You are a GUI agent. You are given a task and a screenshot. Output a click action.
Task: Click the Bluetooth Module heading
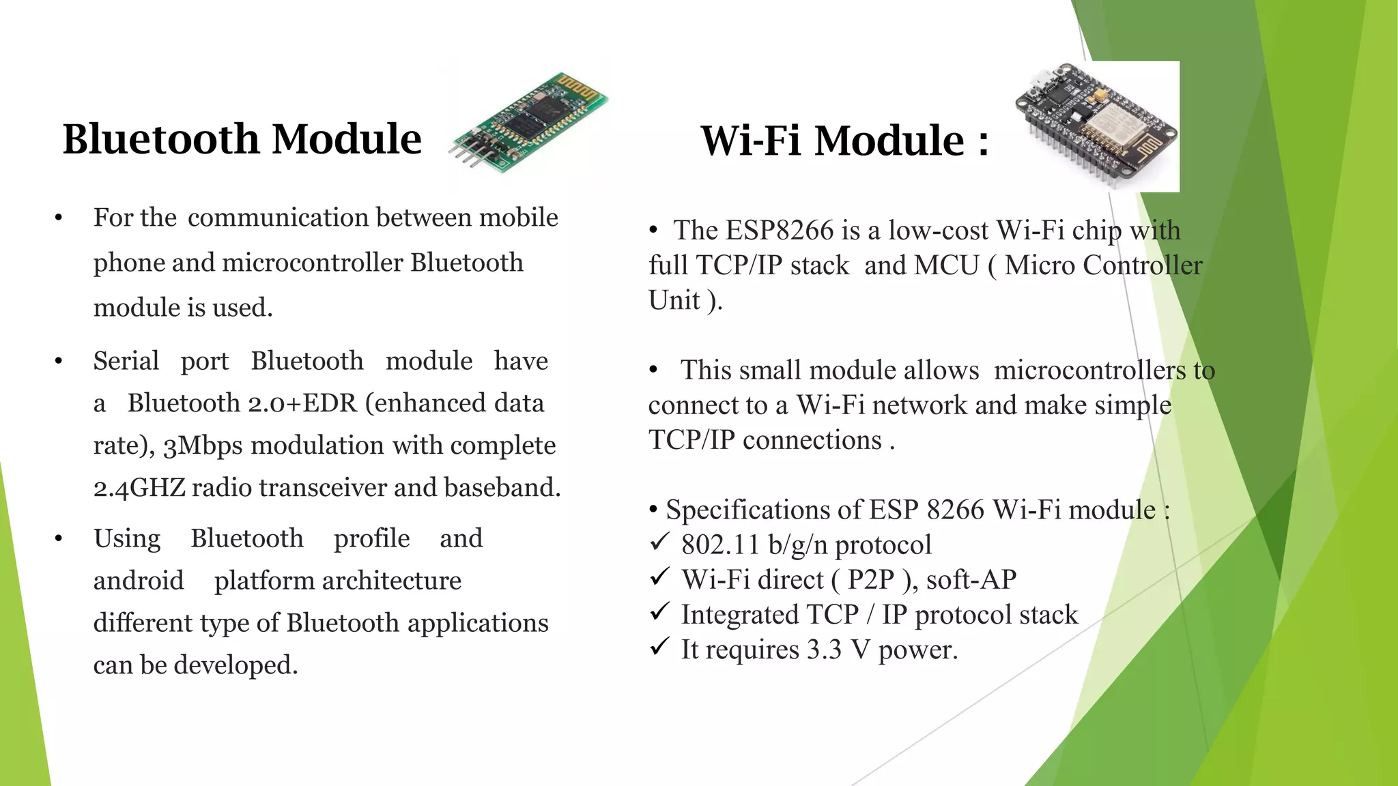(242, 139)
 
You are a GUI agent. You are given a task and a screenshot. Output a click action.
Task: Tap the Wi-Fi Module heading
(844, 141)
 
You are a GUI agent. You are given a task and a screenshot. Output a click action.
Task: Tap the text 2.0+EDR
(302, 403)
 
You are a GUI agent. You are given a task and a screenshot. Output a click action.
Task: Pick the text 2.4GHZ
(139, 488)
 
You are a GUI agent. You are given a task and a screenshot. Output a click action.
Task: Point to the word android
(139, 581)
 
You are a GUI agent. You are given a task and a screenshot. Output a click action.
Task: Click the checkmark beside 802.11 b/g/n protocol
(659, 543)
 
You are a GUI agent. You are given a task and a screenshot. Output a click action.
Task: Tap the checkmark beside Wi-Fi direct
(659, 578)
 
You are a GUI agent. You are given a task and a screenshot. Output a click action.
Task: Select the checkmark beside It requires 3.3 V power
(659, 647)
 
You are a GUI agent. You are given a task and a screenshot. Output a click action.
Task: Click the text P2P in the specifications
(870, 580)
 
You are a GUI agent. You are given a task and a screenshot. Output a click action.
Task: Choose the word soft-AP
(971, 580)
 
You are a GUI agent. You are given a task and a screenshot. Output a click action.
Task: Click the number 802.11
(719, 545)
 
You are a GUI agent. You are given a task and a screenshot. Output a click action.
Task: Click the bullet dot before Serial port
(59, 361)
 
